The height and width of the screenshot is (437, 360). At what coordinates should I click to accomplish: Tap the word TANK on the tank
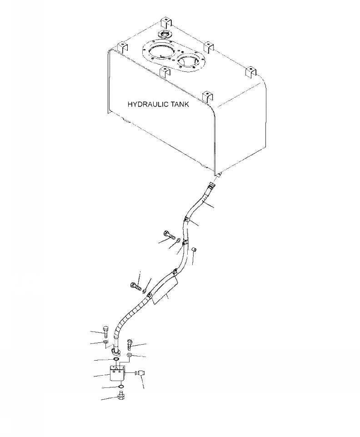tap(176, 104)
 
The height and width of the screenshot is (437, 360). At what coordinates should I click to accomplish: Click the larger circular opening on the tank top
tap(157, 51)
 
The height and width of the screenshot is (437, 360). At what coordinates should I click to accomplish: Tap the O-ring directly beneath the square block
tap(121, 387)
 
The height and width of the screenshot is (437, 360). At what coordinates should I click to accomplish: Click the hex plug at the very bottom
tap(121, 397)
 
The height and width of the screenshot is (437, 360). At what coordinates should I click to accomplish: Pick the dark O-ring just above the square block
tap(116, 360)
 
